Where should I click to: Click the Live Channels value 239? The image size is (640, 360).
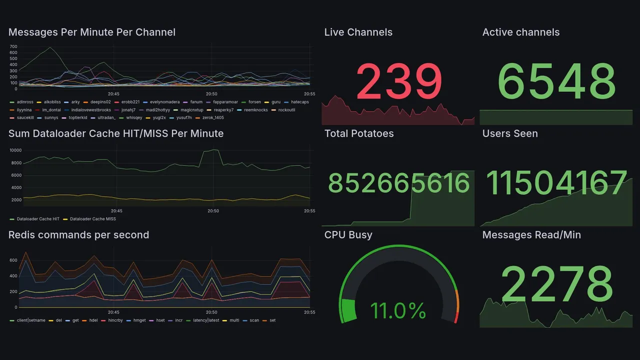tap(399, 81)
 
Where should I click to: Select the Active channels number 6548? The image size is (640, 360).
tap(556, 81)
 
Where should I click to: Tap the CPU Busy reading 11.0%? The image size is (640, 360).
tap(398, 310)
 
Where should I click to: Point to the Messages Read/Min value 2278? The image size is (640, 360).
tap(556, 283)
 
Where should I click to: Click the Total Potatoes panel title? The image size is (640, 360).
tap(358, 133)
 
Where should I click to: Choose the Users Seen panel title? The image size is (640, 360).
tap(510, 133)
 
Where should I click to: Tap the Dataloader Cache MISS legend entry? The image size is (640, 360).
tap(92, 219)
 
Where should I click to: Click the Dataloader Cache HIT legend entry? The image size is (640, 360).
tap(38, 219)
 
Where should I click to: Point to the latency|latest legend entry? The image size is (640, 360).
tap(206, 320)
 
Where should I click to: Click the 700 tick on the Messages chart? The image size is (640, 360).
tap(13, 46)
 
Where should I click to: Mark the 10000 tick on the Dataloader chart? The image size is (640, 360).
tap(15, 150)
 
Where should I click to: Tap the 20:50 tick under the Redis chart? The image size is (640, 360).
tap(211, 312)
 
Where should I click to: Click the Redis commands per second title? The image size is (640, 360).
tap(78, 235)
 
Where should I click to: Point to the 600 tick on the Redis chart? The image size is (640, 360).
tap(13, 260)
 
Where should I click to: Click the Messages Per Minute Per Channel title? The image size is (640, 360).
tap(92, 32)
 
